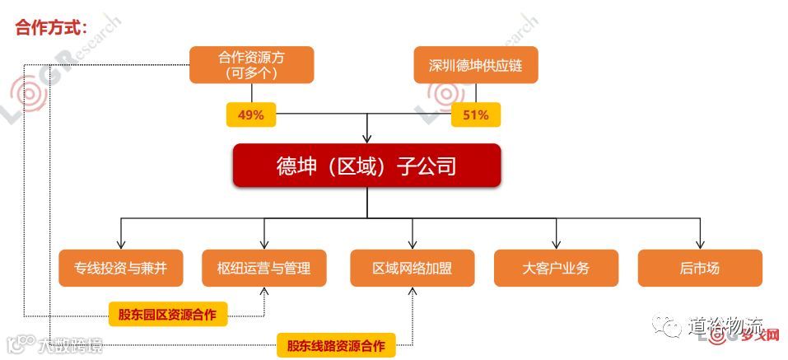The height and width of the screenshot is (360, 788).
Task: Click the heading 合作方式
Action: [50, 27]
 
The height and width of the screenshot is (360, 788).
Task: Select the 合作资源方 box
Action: [253, 64]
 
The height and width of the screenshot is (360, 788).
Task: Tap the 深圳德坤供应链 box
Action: [475, 64]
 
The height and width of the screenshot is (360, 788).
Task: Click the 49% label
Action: [250, 115]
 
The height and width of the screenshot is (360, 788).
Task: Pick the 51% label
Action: [475, 115]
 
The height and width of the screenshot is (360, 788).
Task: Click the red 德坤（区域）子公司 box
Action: [366, 166]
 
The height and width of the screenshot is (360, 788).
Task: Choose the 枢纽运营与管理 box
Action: [263, 268]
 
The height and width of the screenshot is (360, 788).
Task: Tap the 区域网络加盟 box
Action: [412, 268]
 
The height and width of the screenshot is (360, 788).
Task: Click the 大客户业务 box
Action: [556, 268]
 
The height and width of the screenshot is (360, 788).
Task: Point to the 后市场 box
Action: [700, 268]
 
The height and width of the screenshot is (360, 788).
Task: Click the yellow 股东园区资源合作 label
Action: [168, 314]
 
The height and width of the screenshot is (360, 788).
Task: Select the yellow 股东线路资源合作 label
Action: [336, 345]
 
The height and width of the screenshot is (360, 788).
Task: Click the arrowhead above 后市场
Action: [700, 244]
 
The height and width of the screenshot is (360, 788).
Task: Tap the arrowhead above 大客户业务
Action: [556, 244]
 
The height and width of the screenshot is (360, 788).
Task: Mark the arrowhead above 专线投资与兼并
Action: [121, 244]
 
